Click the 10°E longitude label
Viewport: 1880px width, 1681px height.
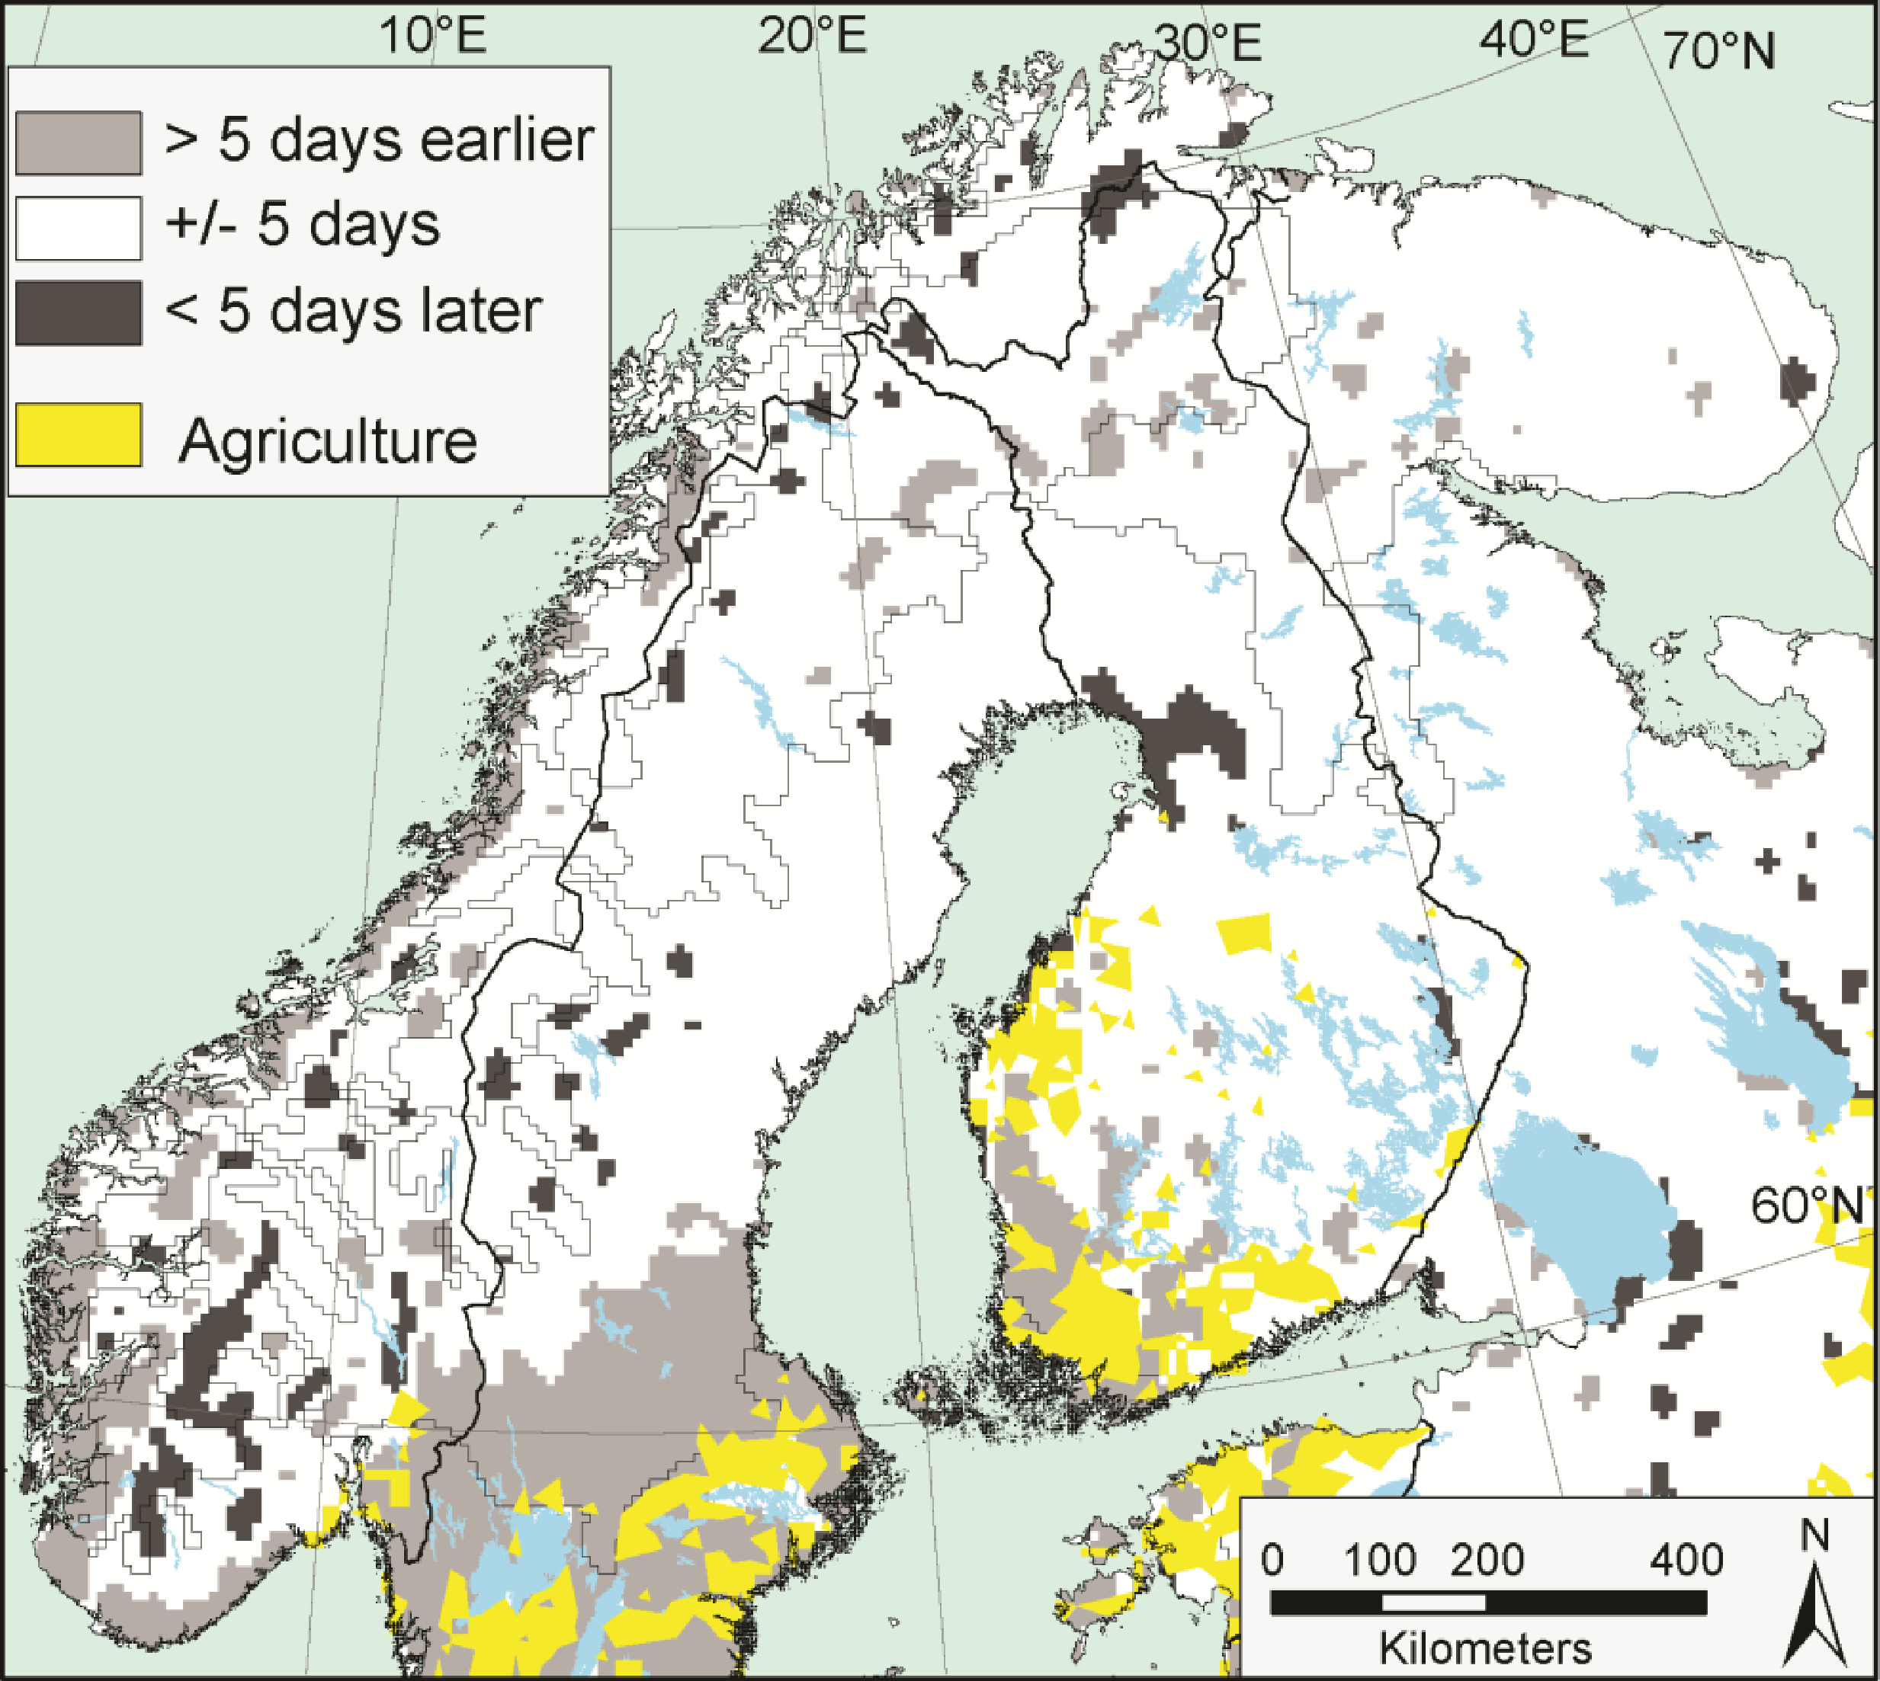point(432,37)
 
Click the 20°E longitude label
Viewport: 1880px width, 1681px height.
point(812,37)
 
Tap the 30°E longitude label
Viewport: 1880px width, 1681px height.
point(1208,43)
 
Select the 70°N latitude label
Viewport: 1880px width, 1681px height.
point(1718,51)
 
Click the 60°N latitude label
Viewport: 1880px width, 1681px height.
point(1806,1206)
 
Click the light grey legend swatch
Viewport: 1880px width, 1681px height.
point(79,143)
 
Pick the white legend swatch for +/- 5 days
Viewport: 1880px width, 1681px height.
point(79,228)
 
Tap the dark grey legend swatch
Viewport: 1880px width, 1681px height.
point(79,313)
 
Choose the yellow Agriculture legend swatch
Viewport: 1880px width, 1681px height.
point(79,435)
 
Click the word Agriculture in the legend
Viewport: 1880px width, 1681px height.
point(328,441)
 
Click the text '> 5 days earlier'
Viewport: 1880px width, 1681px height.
point(379,141)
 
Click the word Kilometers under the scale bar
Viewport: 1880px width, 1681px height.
point(1486,1647)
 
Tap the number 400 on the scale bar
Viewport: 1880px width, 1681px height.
point(1686,1560)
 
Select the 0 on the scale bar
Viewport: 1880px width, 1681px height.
point(1272,1560)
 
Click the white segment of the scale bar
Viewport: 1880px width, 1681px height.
point(1434,1603)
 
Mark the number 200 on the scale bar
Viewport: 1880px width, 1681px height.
point(1487,1560)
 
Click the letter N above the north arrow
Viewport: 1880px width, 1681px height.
point(1814,1535)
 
